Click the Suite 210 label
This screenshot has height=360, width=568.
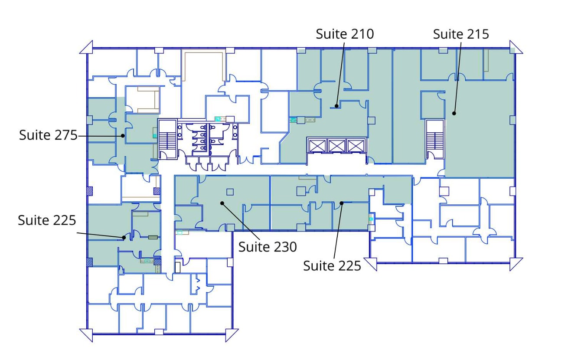click(345, 34)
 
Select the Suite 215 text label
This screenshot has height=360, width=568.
click(461, 34)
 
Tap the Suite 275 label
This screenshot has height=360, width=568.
click(47, 135)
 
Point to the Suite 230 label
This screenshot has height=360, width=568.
click(268, 247)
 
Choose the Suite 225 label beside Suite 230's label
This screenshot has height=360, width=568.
click(332, 265)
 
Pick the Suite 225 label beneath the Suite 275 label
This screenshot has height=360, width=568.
click(47, 220)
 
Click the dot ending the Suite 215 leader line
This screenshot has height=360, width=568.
click(454, 113)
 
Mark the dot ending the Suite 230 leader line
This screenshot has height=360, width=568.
click(222, 203)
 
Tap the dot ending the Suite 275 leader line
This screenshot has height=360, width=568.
click(123, 136)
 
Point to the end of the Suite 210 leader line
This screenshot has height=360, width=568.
click(336, 105)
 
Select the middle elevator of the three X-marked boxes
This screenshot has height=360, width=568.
click(336, 146)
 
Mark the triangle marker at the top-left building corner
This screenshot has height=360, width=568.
click(87, 47)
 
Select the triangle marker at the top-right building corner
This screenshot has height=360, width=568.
click(516, 47)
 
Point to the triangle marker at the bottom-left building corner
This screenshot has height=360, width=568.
click(87, 335)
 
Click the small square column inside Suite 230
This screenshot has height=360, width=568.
click(230, 192)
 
